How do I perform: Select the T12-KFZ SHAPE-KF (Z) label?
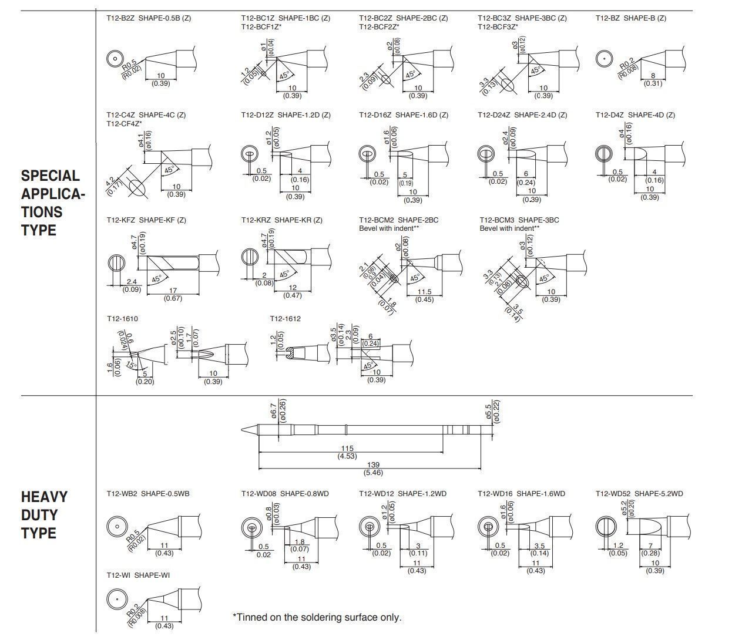tap(146, 220)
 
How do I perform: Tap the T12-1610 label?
tap(122, 319)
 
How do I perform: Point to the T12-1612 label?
tap(285, 319)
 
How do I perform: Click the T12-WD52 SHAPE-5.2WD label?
tap(639, 494)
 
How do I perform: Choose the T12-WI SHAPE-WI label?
tap(138, 575)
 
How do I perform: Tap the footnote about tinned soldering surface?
tap(317, 617)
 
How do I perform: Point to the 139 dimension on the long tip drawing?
tap(372, 465)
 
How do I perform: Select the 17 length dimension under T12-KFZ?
tap(172, 291)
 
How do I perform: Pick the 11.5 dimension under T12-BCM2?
tap(424, 292)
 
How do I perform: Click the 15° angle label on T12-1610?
tap(132, 365)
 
